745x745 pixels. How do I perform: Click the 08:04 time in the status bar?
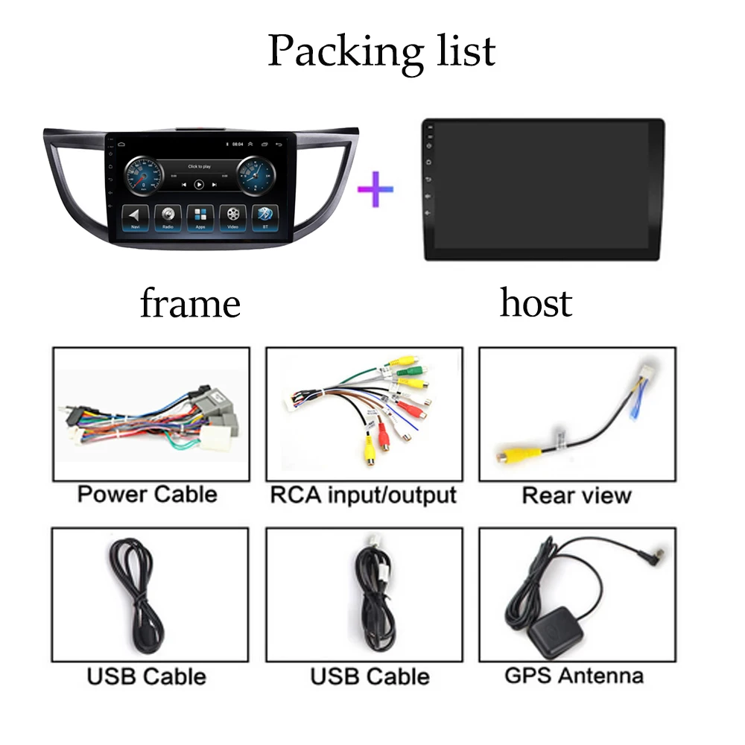pos(238,143)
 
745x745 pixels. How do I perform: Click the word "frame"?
pos(190,303)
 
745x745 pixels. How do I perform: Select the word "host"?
pos(536,303)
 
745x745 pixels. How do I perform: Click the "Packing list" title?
pos(381,51)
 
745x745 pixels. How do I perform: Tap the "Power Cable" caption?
pos(148,494)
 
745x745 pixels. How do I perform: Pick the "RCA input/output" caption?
pos(363,495)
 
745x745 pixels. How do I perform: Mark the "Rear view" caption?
pos(576,495)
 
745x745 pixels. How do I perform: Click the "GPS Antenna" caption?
pos(574,676)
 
